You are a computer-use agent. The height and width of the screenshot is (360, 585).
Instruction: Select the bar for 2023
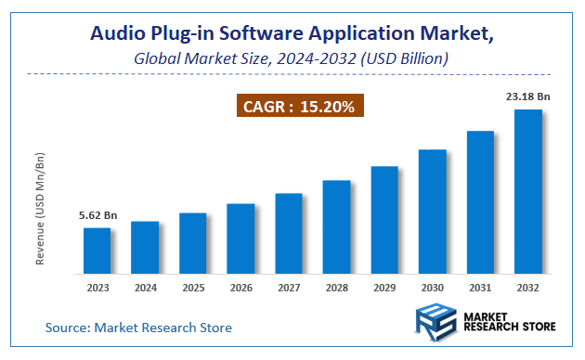pos(97,251)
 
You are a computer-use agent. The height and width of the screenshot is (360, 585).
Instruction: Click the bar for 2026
pos(241,238)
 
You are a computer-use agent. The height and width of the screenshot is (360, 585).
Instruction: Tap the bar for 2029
pos(384,220)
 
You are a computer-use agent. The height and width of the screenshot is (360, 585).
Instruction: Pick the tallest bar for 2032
pos(528,191)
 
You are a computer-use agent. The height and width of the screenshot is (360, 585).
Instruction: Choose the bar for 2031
pos(480,202)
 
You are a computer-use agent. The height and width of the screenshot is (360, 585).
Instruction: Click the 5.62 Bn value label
pos(97,215)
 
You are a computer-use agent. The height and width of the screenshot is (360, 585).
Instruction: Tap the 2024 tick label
pos(145,289)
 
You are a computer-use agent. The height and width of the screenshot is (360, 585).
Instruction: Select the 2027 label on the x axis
pos(289,289)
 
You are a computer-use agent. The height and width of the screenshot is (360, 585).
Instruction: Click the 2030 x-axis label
pos(433,289)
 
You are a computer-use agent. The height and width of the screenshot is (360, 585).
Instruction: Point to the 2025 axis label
pos(193,289)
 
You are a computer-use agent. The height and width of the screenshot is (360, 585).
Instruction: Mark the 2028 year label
pos(337,289)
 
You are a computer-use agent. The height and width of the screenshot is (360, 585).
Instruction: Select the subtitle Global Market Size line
pos(292,58)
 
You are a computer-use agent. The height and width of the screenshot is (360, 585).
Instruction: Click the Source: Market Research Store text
pos(139,328)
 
